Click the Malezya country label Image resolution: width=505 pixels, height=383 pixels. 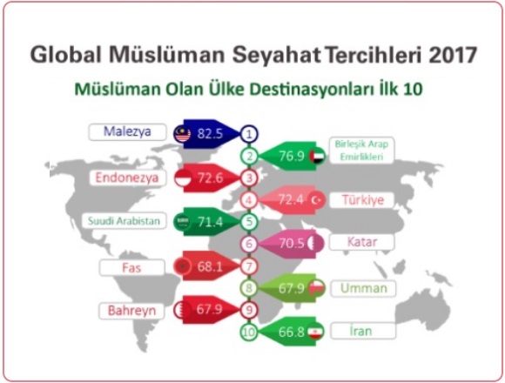[127, 132]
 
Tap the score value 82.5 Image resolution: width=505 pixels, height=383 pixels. [210, 133]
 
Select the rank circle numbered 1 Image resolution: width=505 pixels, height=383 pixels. [249, 134]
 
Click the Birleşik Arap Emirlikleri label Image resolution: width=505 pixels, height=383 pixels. [361, 151]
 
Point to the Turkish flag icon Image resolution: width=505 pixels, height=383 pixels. [316, 200]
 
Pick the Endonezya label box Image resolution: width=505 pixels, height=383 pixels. [127, 178]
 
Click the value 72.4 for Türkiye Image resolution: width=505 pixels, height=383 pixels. [291, 200]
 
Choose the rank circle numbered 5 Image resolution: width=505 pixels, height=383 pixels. [249, 222]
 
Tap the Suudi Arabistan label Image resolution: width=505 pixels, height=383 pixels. [124, 221]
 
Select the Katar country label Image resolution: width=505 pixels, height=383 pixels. [362, 242]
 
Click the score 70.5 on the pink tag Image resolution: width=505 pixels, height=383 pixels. [292, 244]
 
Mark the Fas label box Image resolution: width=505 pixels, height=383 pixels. [131, 268]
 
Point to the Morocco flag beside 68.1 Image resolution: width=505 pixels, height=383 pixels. [182, 266]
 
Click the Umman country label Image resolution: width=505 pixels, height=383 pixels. [364, 288]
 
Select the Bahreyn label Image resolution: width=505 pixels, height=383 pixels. [131, 311]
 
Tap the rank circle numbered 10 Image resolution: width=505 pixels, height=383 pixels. [249, 332]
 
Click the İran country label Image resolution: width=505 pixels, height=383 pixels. [363, 331]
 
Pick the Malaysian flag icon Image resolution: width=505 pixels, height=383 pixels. [182, 134]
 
